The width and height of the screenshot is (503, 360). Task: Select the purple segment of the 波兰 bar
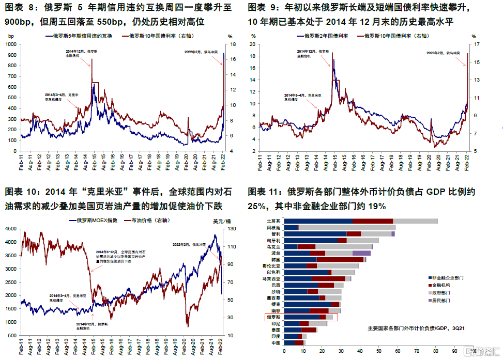[361, 253]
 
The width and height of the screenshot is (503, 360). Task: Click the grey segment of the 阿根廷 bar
[346, 227]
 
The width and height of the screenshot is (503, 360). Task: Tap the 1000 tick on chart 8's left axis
[10, 44]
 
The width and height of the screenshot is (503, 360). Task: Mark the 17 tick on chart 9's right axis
[475, 44]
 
